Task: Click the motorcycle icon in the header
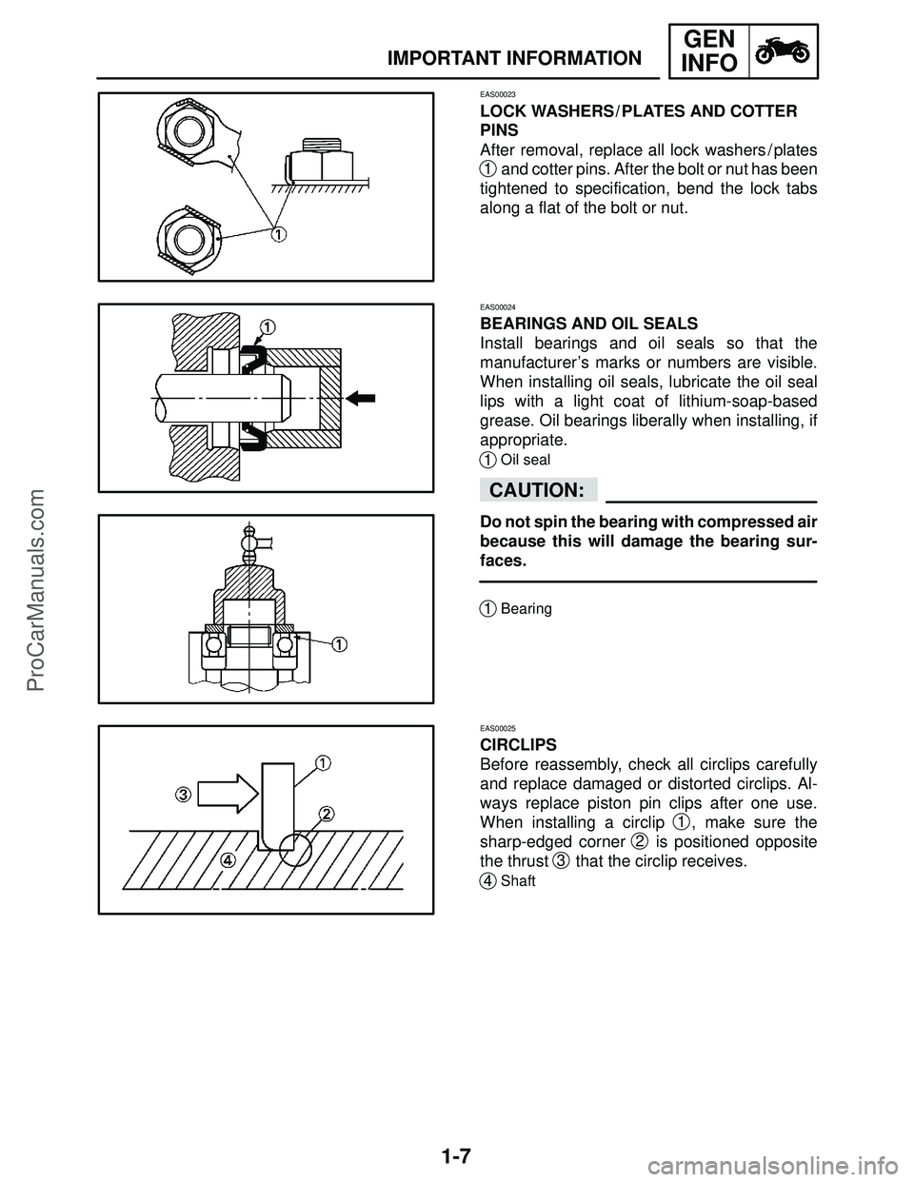click(785, 51)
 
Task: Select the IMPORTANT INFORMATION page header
click(514, 59)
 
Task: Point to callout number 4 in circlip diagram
click(228, 859)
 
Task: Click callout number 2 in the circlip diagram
click(326, 814)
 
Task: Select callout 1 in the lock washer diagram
click(277, 234)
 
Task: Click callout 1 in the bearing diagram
click(339, 643)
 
